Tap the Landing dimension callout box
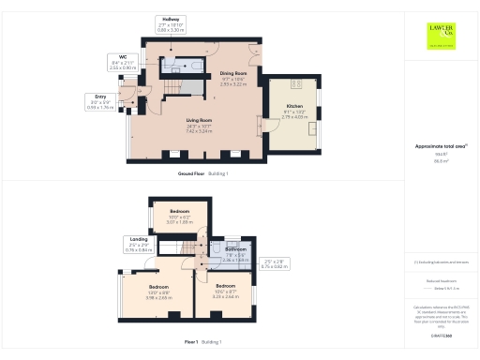coord(139,247)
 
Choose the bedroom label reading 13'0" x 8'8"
coord(158,292)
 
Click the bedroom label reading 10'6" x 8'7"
coord(225,292)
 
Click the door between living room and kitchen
coord(262,119)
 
